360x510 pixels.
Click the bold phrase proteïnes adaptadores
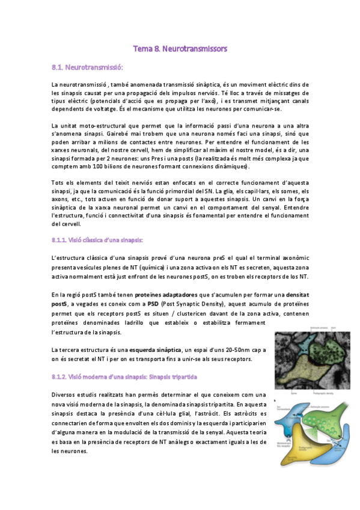162,295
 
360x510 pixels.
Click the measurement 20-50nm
235,349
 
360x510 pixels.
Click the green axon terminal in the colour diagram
316,415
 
